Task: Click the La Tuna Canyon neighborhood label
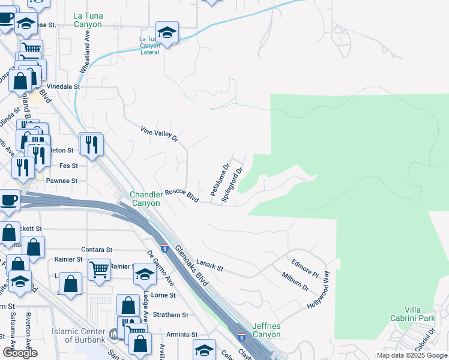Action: click(88, 20)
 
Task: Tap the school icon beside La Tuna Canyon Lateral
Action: click(167, 33)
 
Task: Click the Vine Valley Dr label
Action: click(160, 134)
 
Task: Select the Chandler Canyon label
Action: click(146, 199)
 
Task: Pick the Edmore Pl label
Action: click(305, 269)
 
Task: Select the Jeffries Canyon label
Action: click(267, 329)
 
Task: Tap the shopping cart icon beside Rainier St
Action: click(99, 269)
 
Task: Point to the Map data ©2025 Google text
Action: click(412, 355)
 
